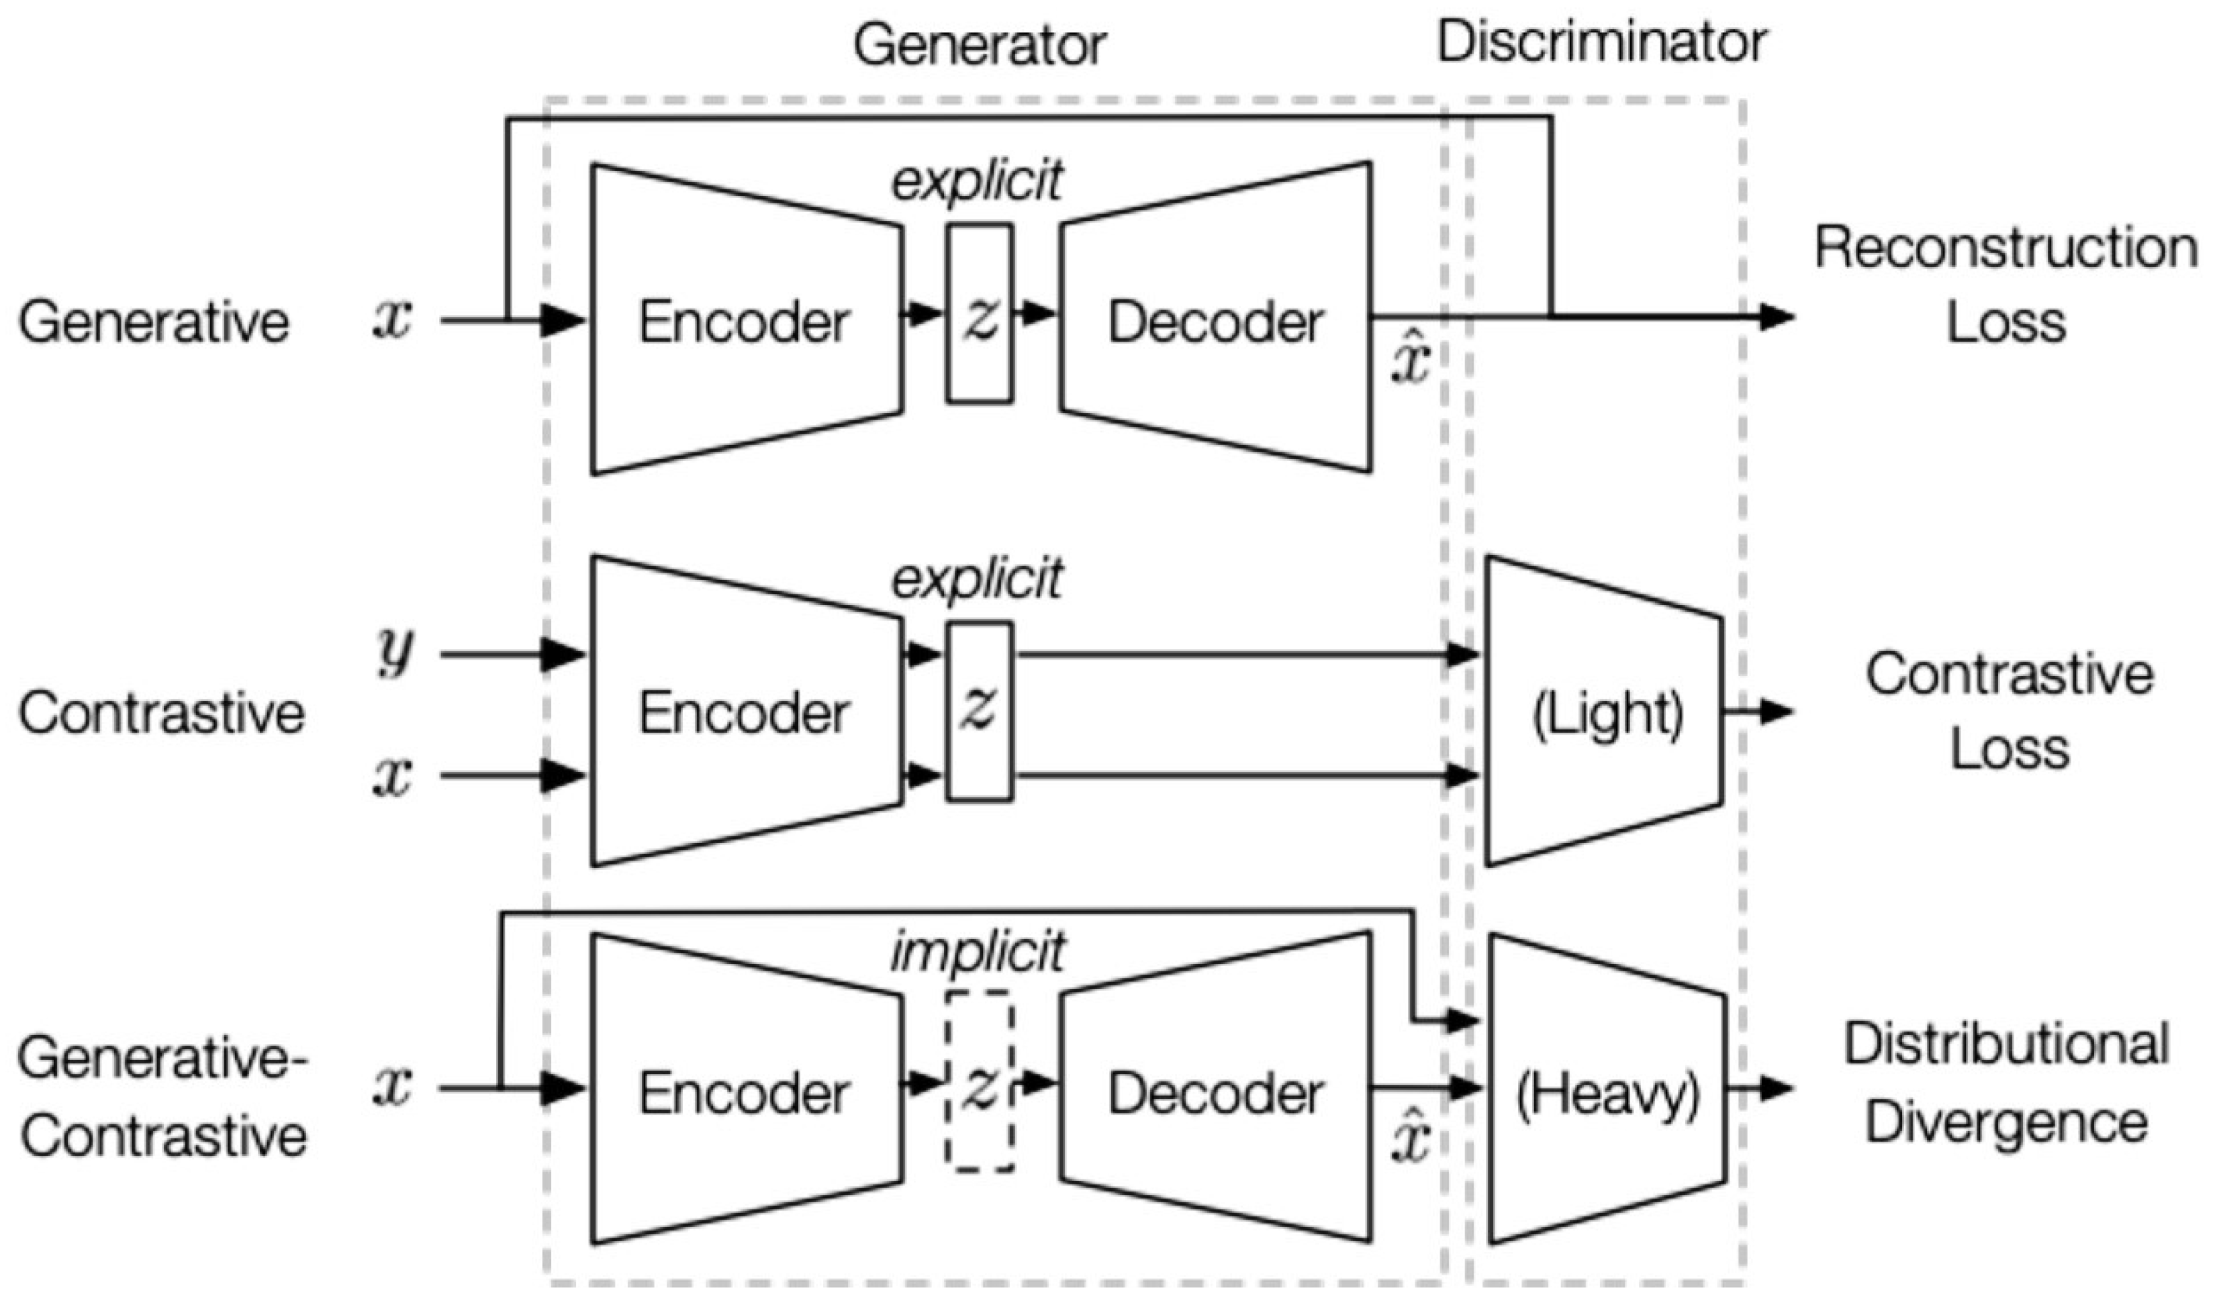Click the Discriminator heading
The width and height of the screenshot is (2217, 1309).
[1602, 42]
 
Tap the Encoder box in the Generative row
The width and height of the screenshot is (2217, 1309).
[745, 320]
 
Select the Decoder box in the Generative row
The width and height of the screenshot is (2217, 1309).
[1216, 320]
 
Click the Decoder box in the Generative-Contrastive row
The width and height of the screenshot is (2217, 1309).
[1216, 1092]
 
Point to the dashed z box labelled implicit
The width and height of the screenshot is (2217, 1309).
[980, 1081]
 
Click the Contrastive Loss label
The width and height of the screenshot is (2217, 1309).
[2009, 711]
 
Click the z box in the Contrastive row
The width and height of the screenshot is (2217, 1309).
[980, 711]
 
